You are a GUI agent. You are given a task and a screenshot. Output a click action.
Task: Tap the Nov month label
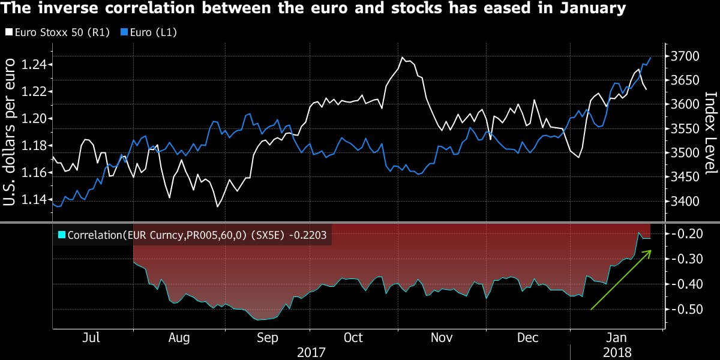click(x=442, y=338)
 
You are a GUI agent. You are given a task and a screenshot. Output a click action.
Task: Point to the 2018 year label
click(x=617, y=353)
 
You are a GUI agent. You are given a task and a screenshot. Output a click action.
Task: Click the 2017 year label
click(x=310, y=353)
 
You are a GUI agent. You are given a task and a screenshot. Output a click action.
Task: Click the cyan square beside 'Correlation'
click(x=61, y=236)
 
